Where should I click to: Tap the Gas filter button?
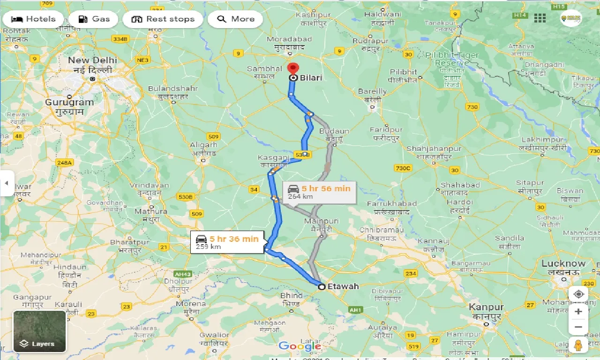tap(93, 19)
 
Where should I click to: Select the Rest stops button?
tap(163, 19)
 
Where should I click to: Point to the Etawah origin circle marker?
tap(321, 286)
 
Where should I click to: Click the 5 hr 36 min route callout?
tap(227, 242)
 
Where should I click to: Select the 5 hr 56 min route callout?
tap(319, 192)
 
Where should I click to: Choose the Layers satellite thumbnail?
tap(39, 331)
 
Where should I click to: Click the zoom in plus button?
tap(578, 311)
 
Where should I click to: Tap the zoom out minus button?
tap(578, 327)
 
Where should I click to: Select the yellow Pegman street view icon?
tap(578, 345)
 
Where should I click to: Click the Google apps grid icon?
tap(540, 18)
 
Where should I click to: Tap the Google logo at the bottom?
tap(300, 346)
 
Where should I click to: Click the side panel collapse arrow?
tap(7, 183)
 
